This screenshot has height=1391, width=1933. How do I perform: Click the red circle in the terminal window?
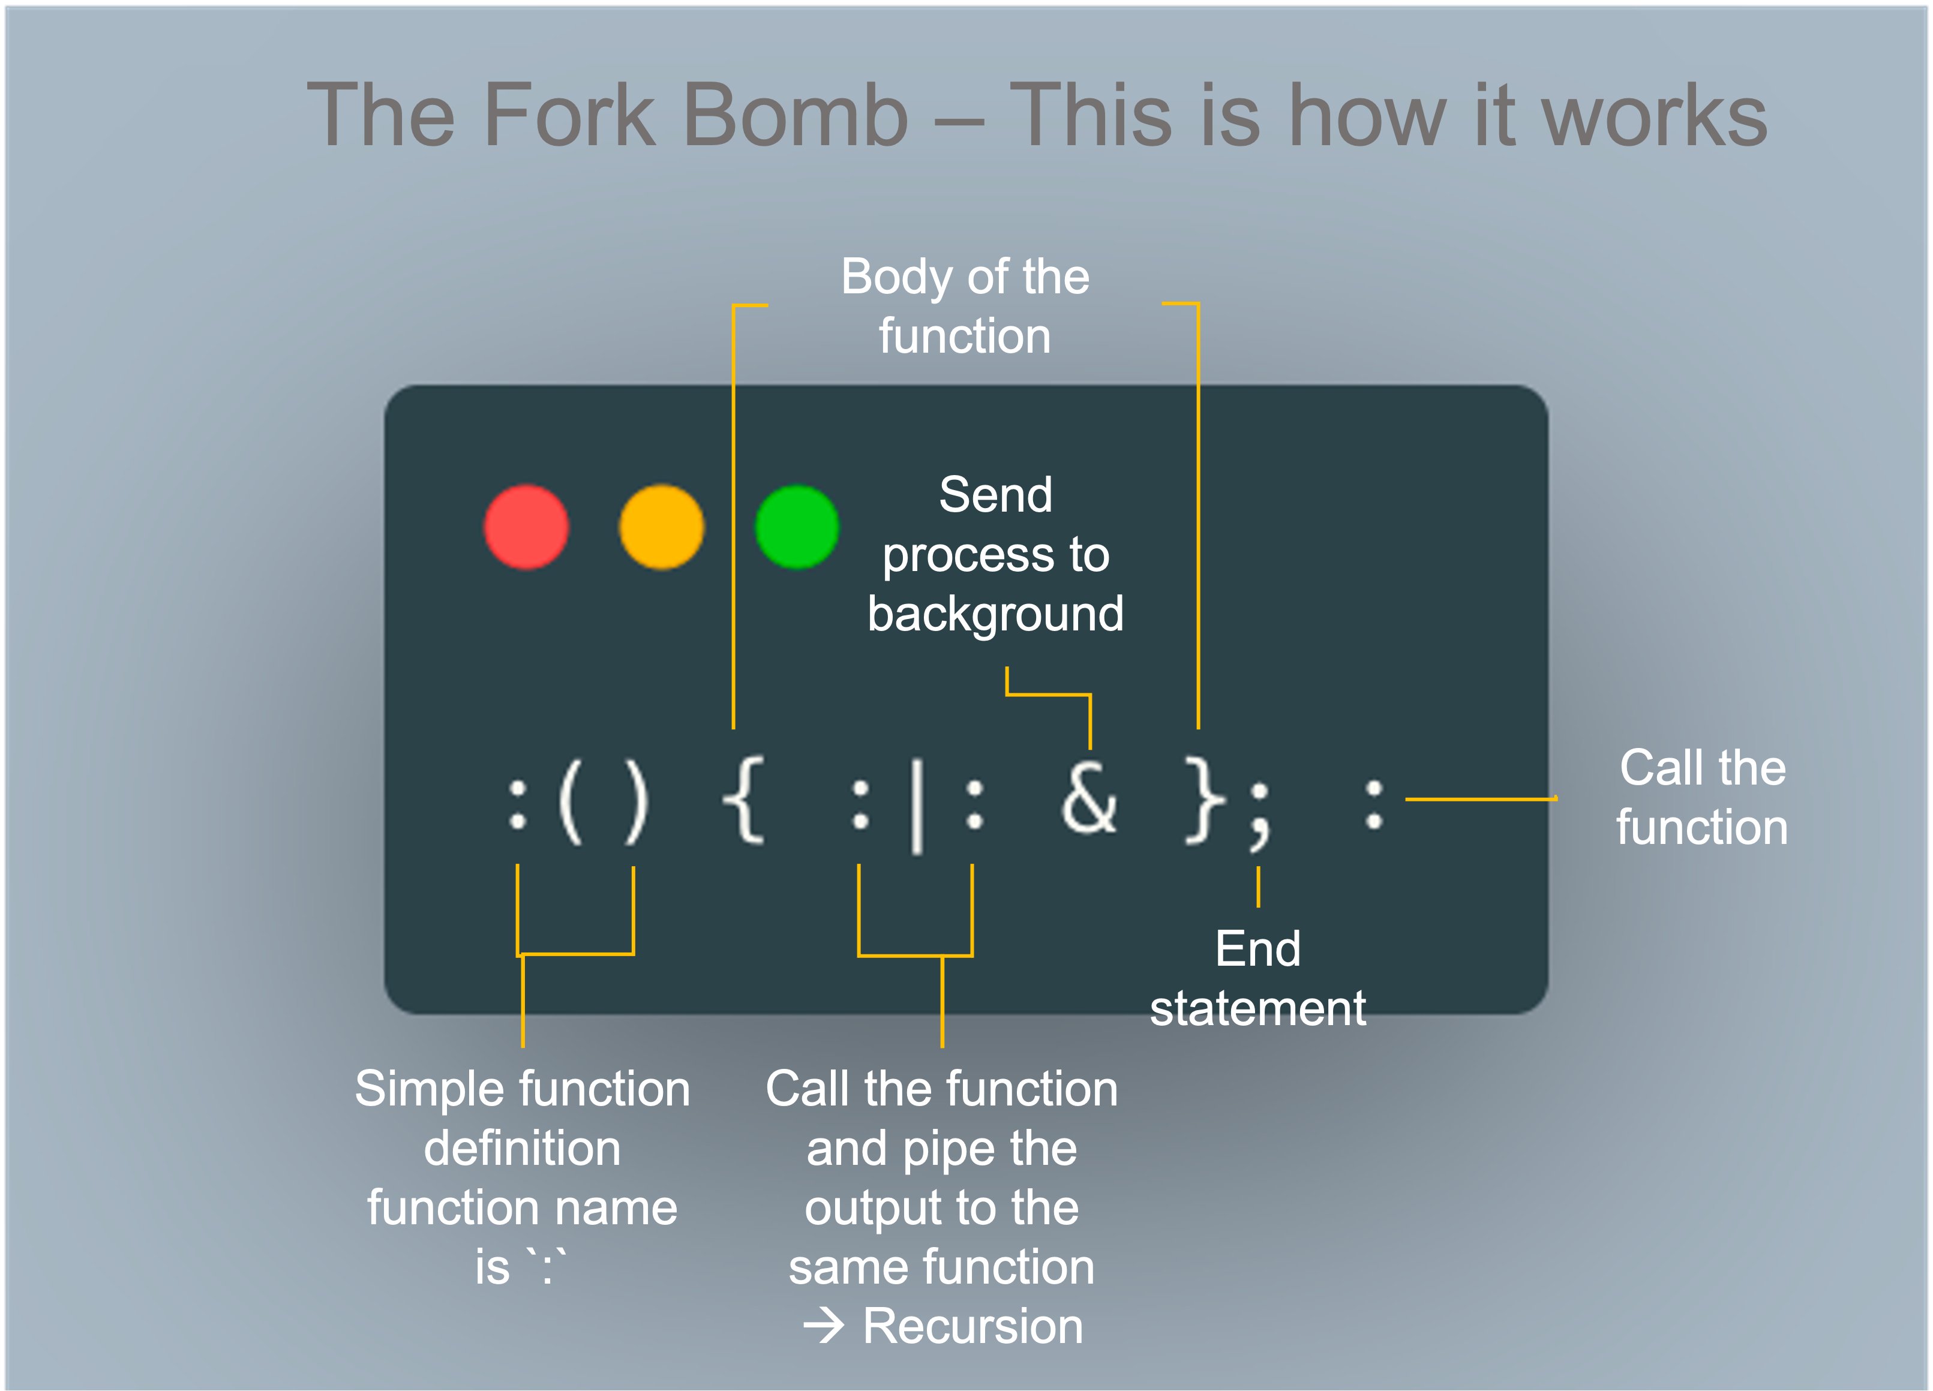526,527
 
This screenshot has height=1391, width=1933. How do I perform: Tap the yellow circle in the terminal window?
661,527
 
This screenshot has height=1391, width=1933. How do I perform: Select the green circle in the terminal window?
797,527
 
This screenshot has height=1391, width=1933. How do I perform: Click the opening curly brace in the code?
743,801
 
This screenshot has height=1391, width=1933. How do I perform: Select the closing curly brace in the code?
1204,801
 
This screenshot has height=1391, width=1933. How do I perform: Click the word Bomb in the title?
796,115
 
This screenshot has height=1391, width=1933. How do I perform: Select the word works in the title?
1655,115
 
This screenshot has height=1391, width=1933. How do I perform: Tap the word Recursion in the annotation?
972,1326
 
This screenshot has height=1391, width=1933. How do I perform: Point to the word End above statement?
1258,949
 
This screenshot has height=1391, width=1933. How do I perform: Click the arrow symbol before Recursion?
823,1326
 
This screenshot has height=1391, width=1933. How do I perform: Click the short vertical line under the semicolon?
1258,887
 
